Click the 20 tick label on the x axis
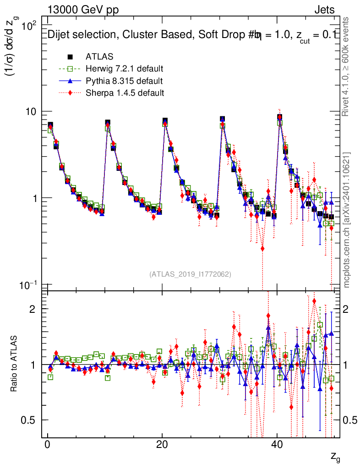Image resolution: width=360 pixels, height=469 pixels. tap(162, 445)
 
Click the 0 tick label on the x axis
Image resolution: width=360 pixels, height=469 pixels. tap(47, 445)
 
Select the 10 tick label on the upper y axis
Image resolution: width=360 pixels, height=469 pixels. tap(33, 112)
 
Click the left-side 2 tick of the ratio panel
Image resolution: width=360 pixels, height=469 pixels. tap(33, 309)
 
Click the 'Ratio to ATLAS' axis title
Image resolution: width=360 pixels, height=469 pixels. tap(14, 365)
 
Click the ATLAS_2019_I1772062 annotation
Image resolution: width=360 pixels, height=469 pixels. tap(190, 274)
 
